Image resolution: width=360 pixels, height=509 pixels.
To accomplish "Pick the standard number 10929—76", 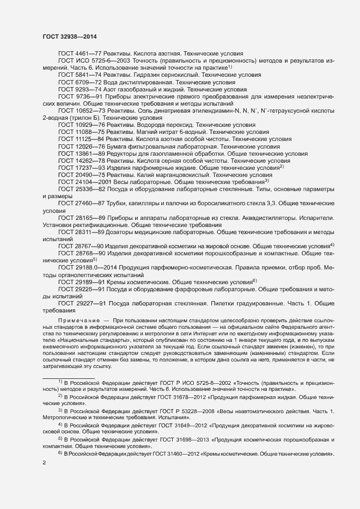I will tap(91, 125).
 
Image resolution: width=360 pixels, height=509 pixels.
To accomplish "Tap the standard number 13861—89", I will tap(91, 154).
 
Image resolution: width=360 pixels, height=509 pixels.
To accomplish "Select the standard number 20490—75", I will tap(91, 176).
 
